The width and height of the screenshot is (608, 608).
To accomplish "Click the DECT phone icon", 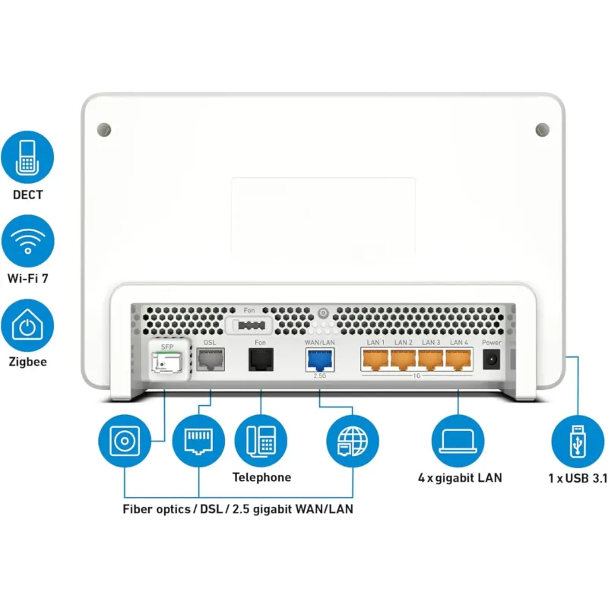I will tap(27, 157).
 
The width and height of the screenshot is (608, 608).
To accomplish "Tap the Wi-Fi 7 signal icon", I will tap(27, 240).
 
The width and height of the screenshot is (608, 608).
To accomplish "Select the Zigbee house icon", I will tap(27, 325).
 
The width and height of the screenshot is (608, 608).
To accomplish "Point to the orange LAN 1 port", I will tap(375, 359).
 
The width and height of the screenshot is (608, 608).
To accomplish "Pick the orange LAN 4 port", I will tap(458, 359).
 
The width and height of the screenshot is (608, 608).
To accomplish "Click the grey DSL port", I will tap(209, 359).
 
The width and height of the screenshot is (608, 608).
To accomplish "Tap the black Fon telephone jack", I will tap(260, 359).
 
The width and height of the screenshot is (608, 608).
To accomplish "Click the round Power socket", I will tap(492, 359).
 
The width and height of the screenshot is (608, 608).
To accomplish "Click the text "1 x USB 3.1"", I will tap(578, 479).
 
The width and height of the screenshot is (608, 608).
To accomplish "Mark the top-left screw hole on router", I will tap(105, 129).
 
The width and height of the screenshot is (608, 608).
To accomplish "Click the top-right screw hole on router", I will tap(542, 129).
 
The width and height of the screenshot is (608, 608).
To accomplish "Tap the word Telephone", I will tap(261, 478).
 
